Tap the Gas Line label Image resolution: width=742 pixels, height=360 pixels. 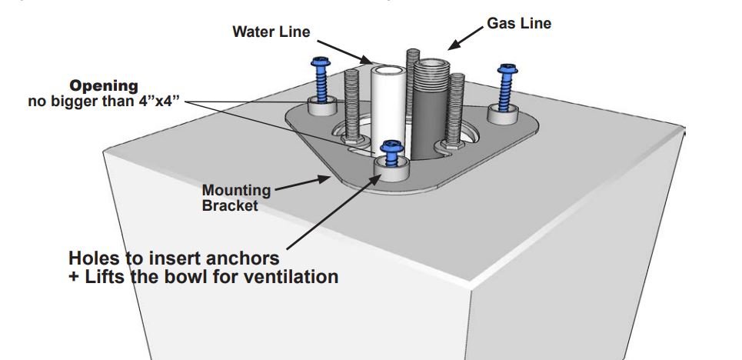[519, 23]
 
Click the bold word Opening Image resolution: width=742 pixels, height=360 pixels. [105, 85]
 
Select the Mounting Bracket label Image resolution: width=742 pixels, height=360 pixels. [236, 197]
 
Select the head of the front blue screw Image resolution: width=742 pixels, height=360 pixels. [392, 144]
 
